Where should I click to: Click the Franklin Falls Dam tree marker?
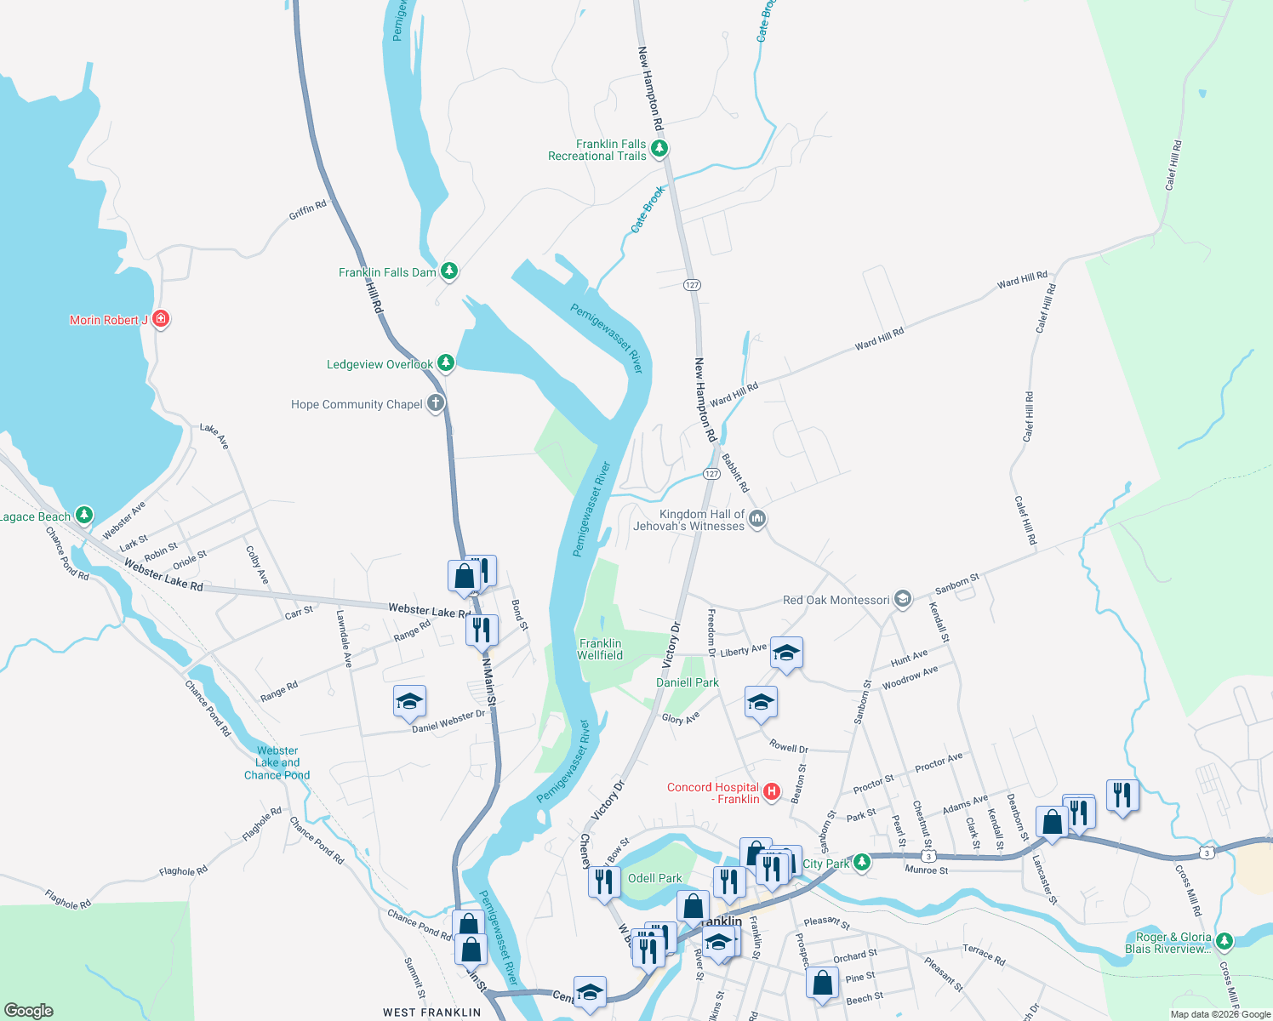tap(449, 271)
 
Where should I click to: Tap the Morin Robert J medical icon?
tap(160, 319)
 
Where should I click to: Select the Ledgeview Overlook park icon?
tap(445, 363)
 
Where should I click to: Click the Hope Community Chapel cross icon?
tap(436, 403)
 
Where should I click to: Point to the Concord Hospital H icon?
tap(772, 792)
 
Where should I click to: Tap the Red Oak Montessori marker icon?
tap(903, 599)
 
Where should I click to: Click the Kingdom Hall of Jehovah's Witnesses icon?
tap(757, 518)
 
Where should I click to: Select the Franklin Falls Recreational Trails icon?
tap(659, 149)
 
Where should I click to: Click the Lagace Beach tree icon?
tap(83, 515)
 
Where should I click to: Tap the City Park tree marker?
tap(862, 863)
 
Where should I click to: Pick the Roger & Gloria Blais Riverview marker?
tap(1224, 941)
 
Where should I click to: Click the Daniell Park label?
tap(688, 682)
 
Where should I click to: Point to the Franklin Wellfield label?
tap(600, 649)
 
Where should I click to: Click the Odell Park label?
tap(654, 878)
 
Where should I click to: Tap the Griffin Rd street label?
tap(308, 210)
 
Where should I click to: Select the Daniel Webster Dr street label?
tap(448, 721)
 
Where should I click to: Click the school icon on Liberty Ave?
tap(786, 653)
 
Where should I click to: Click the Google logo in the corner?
tap(28, 1010)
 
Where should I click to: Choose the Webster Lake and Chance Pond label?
tap(277, 762)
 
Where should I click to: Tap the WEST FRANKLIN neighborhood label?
tap(431, 1012)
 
